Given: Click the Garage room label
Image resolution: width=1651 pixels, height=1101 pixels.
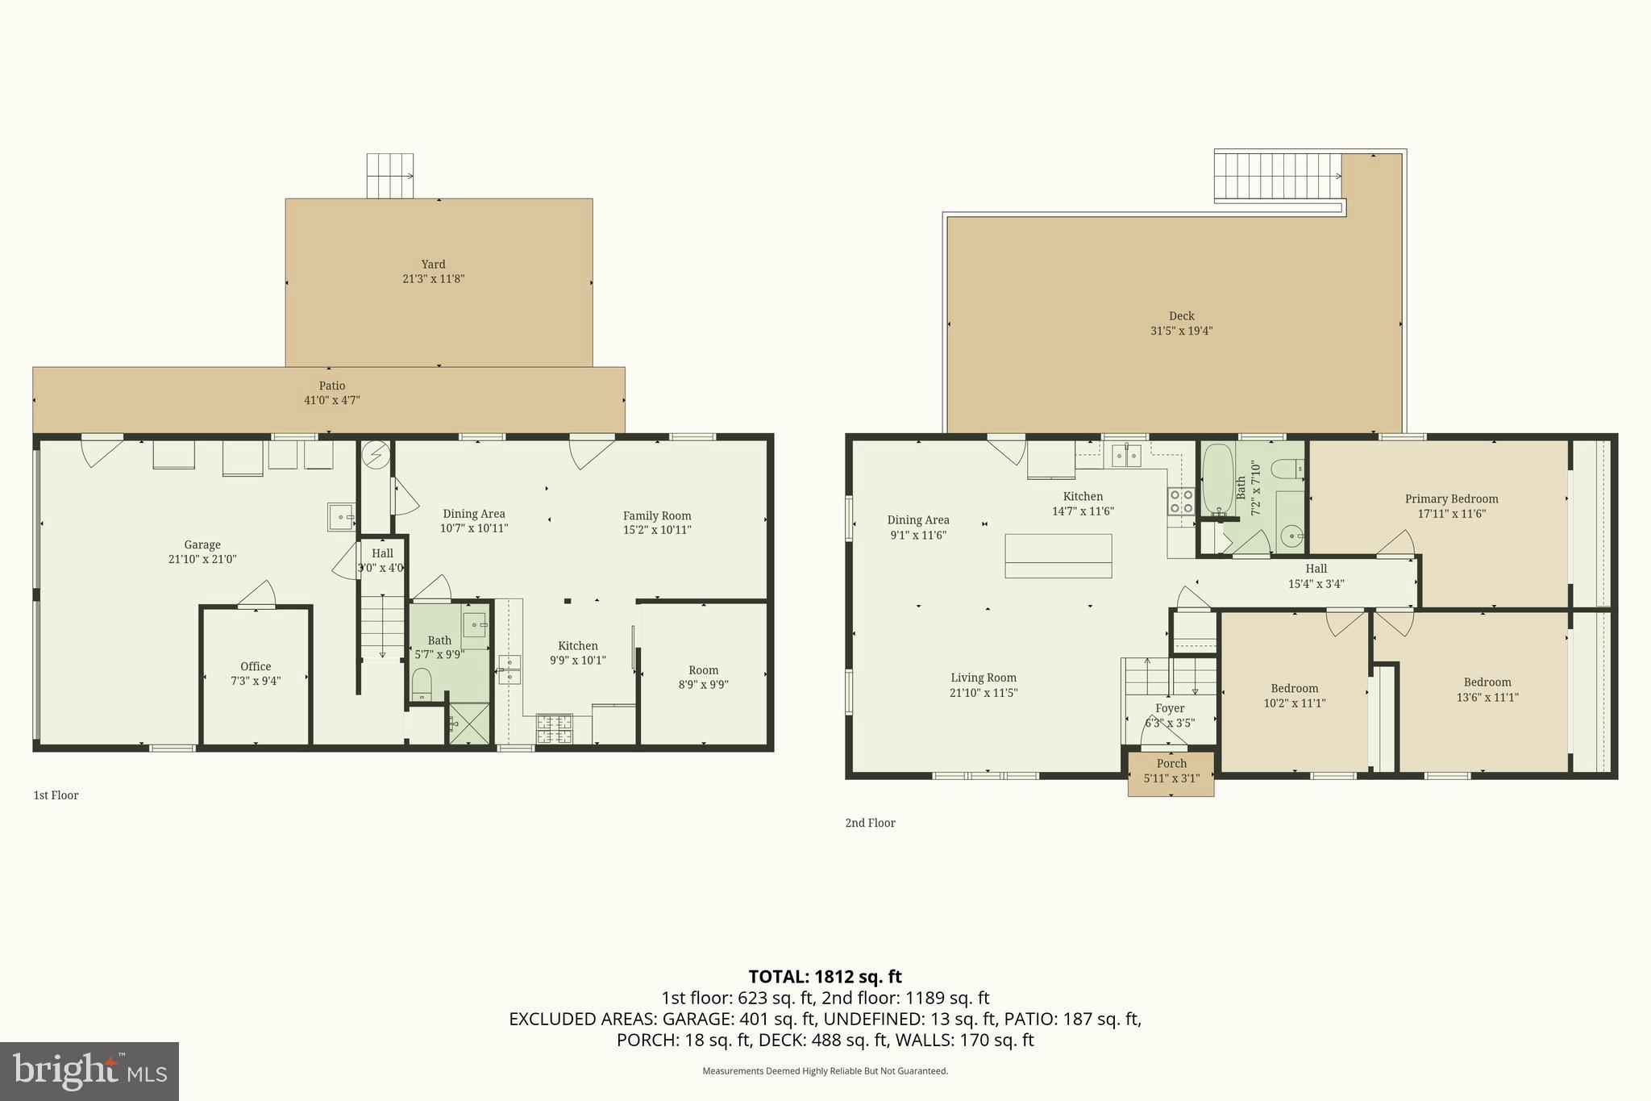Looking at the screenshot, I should coord(202,544).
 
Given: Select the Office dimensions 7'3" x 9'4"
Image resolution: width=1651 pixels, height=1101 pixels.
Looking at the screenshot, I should coord(256,682).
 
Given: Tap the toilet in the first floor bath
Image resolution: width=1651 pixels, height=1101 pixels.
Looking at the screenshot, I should coord(422,685).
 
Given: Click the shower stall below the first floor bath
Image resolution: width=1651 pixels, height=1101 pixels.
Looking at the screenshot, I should coord(468,724).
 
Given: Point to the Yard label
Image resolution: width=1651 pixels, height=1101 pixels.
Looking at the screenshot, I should coord(433,264).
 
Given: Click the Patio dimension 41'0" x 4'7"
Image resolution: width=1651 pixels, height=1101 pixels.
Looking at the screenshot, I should coord(331,400).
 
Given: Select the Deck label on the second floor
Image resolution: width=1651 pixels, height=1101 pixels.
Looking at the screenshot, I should coord(1181,316).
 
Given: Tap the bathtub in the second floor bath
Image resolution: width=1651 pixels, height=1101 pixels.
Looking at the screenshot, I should coord(1217,478).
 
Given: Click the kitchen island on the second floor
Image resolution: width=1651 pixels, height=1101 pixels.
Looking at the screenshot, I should coord(1058,556).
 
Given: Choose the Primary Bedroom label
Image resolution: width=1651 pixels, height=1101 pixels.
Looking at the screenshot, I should coord(1451,498).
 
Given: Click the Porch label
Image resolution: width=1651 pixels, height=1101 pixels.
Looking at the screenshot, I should coord(1171,763).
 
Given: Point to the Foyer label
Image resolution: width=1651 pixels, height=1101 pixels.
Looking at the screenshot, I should coord(1170,708).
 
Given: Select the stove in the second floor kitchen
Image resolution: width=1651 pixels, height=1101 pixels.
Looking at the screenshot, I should coord(1181,501).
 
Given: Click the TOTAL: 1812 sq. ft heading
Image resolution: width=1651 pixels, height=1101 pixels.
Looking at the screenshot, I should coord(825,977).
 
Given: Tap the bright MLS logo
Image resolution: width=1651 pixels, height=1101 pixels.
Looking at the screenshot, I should coord(89,1071).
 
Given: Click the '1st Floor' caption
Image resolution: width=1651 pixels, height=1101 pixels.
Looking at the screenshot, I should coord(56,795).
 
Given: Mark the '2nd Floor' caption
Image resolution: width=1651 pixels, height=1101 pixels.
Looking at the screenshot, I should coord(870,823).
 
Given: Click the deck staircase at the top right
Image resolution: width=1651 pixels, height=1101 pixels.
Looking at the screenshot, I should coord(1278,177).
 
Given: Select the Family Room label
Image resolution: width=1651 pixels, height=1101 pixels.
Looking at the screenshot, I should coord(656,515).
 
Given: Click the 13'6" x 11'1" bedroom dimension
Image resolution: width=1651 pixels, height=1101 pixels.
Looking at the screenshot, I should coord(1487,698).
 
